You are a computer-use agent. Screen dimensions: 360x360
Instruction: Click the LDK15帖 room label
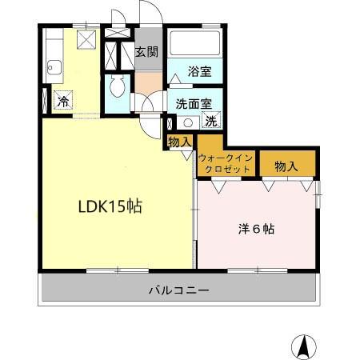coord(110,206)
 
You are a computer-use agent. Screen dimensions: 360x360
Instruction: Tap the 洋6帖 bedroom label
coord(257,228)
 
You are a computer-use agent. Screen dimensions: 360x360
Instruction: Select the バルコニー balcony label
coord(178,290)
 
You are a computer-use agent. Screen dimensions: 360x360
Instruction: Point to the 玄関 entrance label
coord(146,53)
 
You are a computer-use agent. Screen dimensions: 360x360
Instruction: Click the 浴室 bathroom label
coord(200,70)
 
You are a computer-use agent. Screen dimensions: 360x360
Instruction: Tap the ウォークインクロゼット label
coord(226,164)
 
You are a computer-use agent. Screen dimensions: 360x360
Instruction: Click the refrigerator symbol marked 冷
coord(62,101)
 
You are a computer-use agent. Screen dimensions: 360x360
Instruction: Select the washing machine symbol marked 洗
coord(211,122)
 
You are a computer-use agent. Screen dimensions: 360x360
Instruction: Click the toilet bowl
coord(117,86)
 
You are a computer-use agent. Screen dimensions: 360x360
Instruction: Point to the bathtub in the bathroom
coord(196,44)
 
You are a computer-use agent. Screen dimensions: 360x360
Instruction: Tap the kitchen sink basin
coord(55,70)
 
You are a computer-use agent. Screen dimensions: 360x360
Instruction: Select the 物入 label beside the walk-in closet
coord(286,166)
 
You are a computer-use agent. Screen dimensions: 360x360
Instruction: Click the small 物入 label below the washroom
coord(180,142)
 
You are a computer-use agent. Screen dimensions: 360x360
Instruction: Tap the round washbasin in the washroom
coord(187,122)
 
